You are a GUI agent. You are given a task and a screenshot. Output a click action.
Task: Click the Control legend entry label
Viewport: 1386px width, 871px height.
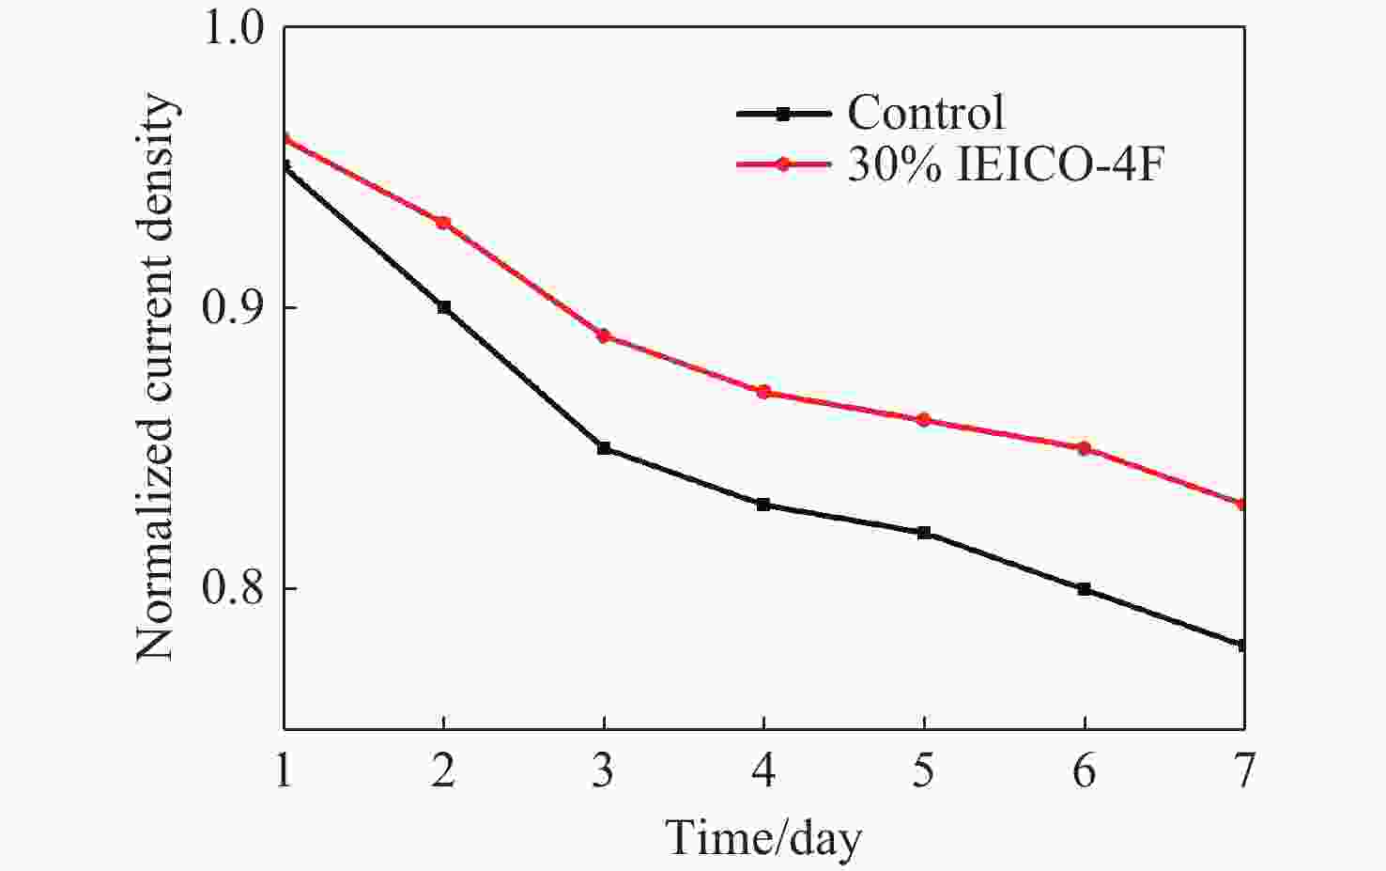(x=925, y=114)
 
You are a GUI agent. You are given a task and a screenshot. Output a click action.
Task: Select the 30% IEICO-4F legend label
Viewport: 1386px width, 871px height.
(x=1006, y=165)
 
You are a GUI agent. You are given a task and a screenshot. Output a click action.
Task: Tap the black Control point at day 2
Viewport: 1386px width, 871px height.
(x=444, y=307)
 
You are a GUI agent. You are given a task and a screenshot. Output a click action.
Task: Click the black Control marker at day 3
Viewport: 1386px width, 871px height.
(x=604, y=448)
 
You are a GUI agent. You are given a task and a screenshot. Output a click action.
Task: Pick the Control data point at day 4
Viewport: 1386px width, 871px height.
(x=763, y=505)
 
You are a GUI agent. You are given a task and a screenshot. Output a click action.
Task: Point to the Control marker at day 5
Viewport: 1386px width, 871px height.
(x=924, y=533)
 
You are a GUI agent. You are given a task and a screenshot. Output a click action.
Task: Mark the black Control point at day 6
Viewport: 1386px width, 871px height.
(x=1085, y=589)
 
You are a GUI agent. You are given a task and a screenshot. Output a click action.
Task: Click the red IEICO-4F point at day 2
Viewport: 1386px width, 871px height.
(x=444, y=223)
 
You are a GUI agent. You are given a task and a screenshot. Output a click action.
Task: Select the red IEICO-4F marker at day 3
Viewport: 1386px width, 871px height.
(x=604, y=335)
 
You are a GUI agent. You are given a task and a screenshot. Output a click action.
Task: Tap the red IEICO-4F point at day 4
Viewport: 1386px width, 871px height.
(x=763, y=392)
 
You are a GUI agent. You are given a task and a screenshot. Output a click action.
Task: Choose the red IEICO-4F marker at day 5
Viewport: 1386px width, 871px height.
(x=924, y=420)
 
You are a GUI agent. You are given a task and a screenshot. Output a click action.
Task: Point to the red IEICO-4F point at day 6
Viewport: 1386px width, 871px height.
(x=1085, y=448)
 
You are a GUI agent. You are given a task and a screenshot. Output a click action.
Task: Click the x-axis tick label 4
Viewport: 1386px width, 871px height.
(x=763, y=771)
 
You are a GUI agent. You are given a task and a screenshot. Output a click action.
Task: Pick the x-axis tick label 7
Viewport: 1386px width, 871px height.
(x=1244, y=771)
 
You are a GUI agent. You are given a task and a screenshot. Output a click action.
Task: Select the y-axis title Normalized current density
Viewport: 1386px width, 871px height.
(x=156, y=378)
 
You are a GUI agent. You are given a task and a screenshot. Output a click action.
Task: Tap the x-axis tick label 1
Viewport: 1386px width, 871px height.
(x=284, y=771)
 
